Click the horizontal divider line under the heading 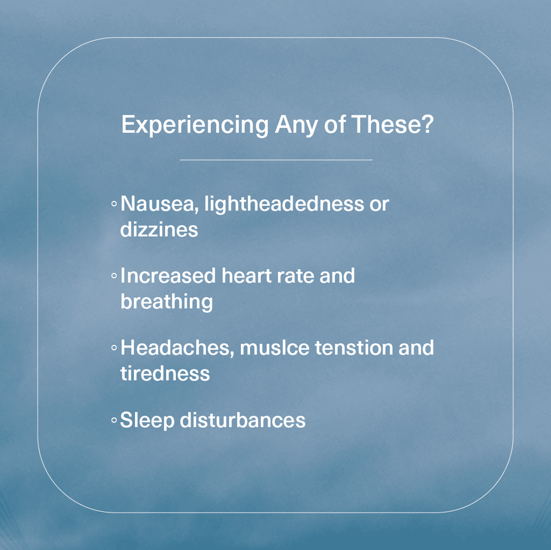point(276,160)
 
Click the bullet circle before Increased point(114,276)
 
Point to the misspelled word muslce point(274,348)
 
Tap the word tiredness point(165,373)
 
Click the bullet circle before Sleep point(114,420)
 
